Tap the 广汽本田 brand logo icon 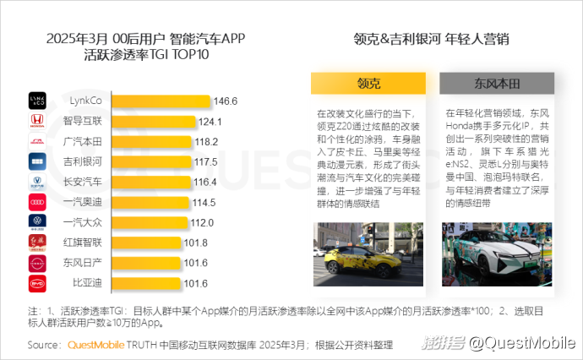pyautogui.click(x=37, y=141)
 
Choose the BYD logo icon pyautogui.click(x=37, y=283)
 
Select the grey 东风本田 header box pyautogui.click(x=497, y=85)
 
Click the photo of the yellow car pyautogui.click(x=368, y=251)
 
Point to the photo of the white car pyautogui.click(x=498, y=251)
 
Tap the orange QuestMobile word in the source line pyautogui.click(x=95, y=345)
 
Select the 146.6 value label pyautogui.click(x=225, y=101)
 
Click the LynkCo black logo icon pyautogui.click(x=37, y=101)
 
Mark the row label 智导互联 pyautogui.click(x=83, y=121)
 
